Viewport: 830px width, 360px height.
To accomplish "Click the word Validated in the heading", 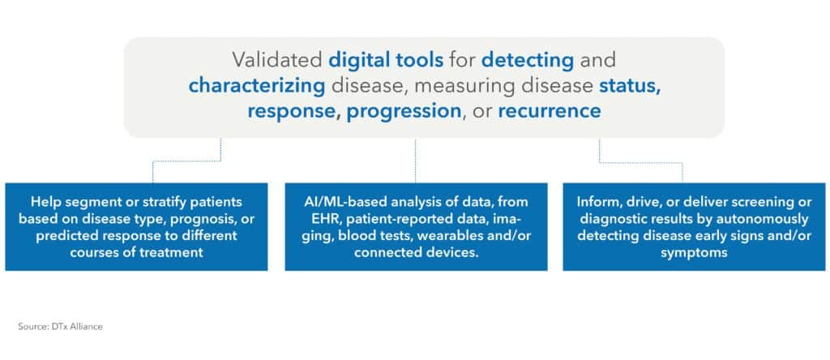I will click(277, 59).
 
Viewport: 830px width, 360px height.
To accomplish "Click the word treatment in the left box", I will click(165, 251).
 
